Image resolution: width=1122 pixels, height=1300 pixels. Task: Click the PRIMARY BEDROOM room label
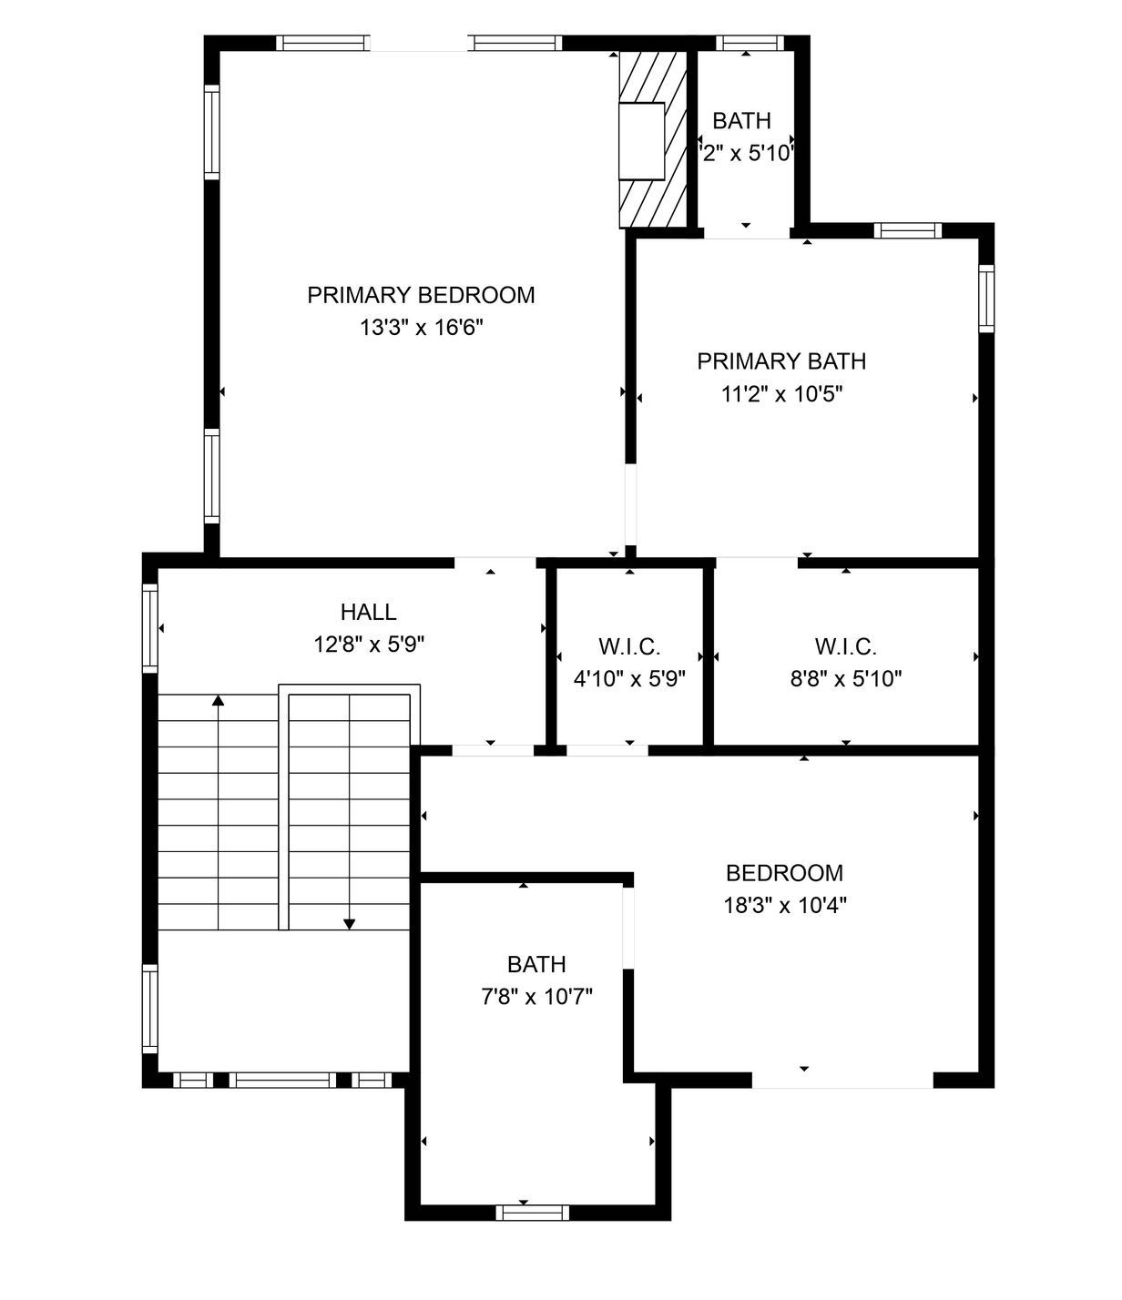[x=421, y=295]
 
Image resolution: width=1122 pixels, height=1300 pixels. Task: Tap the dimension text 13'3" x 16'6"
[x=421, y=328]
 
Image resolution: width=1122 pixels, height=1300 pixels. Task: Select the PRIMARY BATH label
[x=781, y=361]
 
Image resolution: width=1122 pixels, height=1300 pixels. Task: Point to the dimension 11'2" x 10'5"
[x=781, y=394]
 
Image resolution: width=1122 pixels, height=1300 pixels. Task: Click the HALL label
[x=369, y=612]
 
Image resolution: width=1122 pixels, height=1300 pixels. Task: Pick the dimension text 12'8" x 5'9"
[x=369, y=645]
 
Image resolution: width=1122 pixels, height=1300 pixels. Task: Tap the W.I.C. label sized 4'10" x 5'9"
[x=629, y=647]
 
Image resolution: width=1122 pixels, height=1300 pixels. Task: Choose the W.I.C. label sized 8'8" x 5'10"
[x=845, y=647]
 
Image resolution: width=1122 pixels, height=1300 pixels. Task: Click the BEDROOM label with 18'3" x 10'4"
[x=784, y=873]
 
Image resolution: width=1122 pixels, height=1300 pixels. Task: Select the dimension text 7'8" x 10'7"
[x=536, y=997]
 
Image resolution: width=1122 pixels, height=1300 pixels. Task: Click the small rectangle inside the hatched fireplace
[x=642, y=141]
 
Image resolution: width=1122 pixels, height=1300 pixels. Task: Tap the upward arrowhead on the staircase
[x=219, y=700]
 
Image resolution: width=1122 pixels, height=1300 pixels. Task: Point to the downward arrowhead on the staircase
[x=349, y=924]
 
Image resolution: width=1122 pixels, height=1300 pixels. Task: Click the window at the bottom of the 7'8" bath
[x=533, y=1212]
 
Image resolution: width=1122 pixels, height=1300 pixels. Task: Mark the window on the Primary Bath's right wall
[x=986, y=298]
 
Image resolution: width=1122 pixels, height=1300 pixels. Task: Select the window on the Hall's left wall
[x=150, y=628]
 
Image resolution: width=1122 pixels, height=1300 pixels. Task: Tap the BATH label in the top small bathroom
[x=741, y=121]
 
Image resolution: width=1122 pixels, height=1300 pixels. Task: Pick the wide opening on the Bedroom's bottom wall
[x=842, y=1081]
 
